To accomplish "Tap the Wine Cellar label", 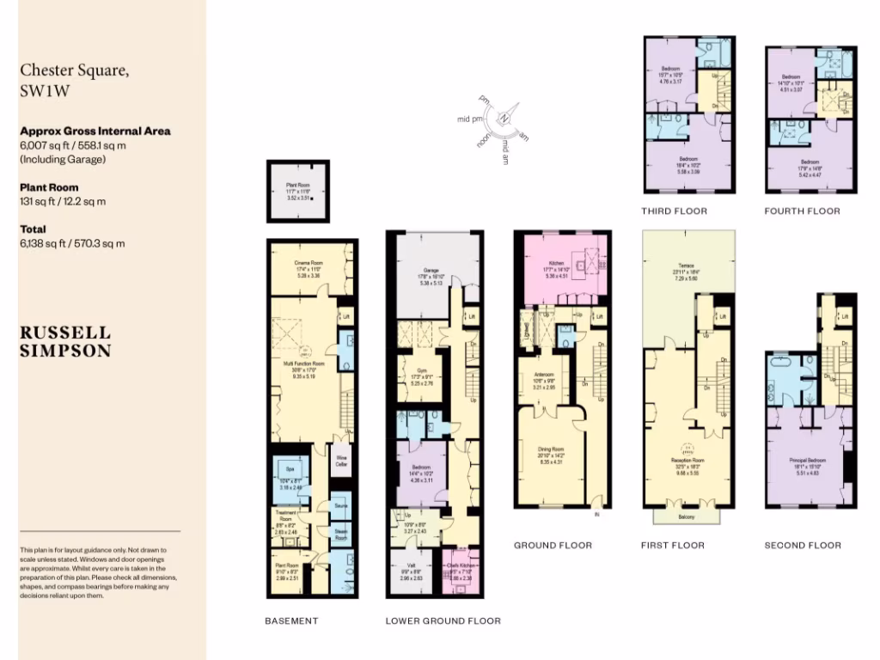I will (341, 460).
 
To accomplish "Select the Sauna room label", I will (341, 504).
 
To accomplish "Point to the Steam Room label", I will (341, 534).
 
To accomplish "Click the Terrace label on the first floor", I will (687, 266).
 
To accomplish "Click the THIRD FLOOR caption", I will (674, 211).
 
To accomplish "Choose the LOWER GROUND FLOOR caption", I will (443, 620).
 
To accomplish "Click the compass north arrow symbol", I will (505, 119).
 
